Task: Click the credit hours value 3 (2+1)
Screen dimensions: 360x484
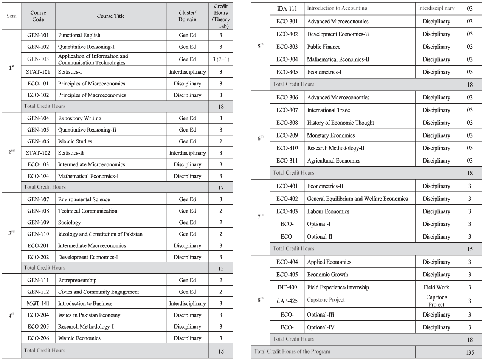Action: pos(220,59)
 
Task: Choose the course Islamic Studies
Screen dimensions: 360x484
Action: pos(75,141)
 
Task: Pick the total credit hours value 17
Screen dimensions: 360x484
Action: pos(220,187)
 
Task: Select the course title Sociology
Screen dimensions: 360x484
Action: pos(70,222)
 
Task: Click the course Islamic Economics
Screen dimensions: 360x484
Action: pos(79,338)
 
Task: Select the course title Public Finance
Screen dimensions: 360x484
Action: pos(324,47)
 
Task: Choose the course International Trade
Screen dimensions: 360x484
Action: pos(329,110)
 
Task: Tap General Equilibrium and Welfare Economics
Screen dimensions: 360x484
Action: pos(357,199)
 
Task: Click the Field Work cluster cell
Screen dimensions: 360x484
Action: pos(436,287)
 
